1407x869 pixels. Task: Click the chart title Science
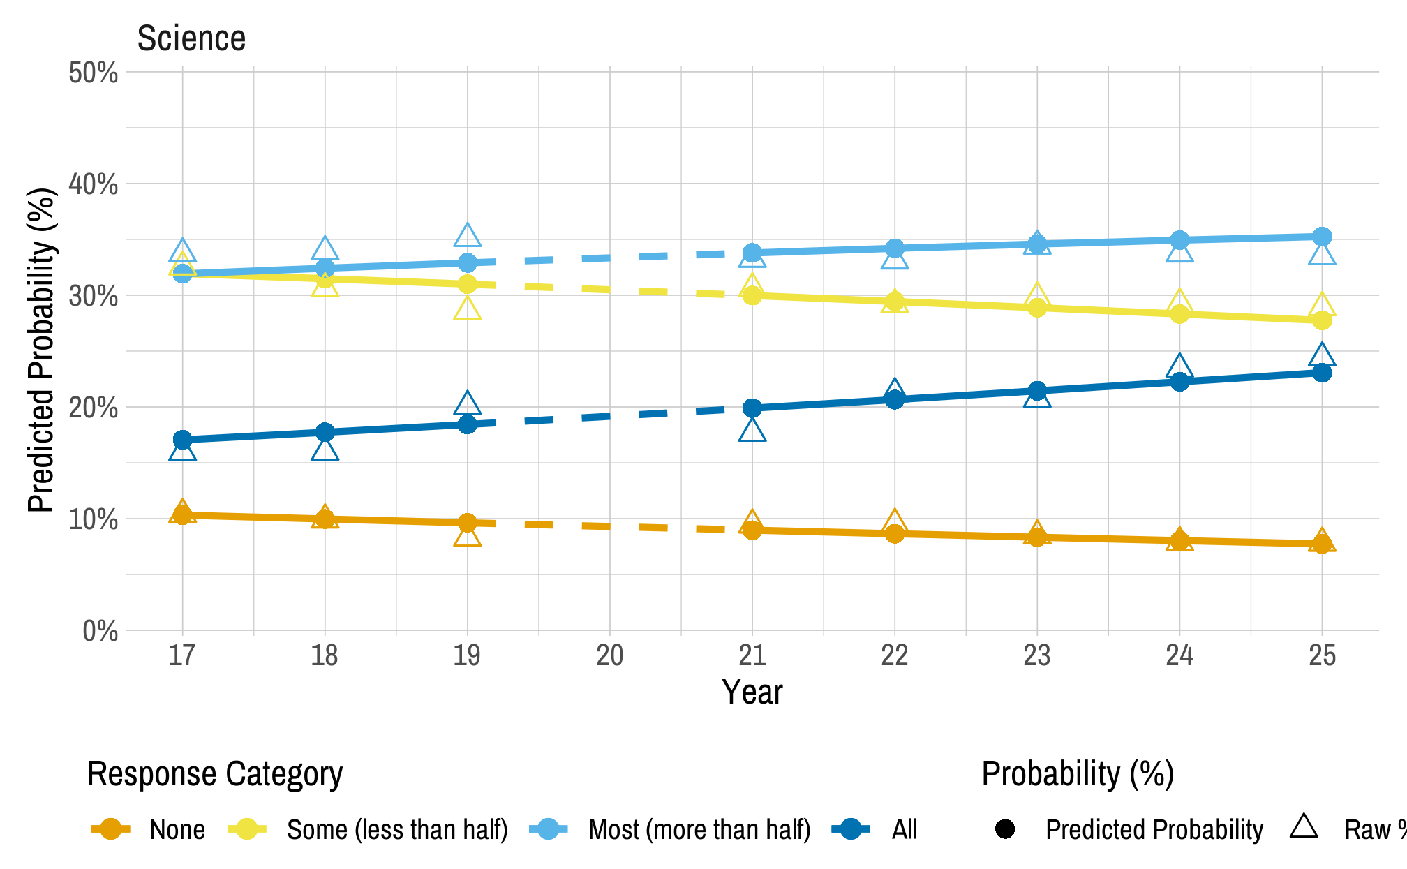191,38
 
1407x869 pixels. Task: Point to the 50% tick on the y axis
93,73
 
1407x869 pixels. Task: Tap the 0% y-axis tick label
100,631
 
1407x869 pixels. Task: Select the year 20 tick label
609,655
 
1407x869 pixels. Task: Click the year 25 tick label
1321,655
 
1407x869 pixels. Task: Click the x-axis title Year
752,692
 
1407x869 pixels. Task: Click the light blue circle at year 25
1321,237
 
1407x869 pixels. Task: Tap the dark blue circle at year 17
182,440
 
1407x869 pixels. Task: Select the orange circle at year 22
894,534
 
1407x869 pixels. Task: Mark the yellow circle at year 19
467,284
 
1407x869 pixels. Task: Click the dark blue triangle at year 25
1321,356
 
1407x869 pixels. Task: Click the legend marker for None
110,829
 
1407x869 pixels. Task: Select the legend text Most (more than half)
699,830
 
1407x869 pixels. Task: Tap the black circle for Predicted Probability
1004,829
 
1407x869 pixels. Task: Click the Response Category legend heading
215,774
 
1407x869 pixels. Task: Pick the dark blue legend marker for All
850,829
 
